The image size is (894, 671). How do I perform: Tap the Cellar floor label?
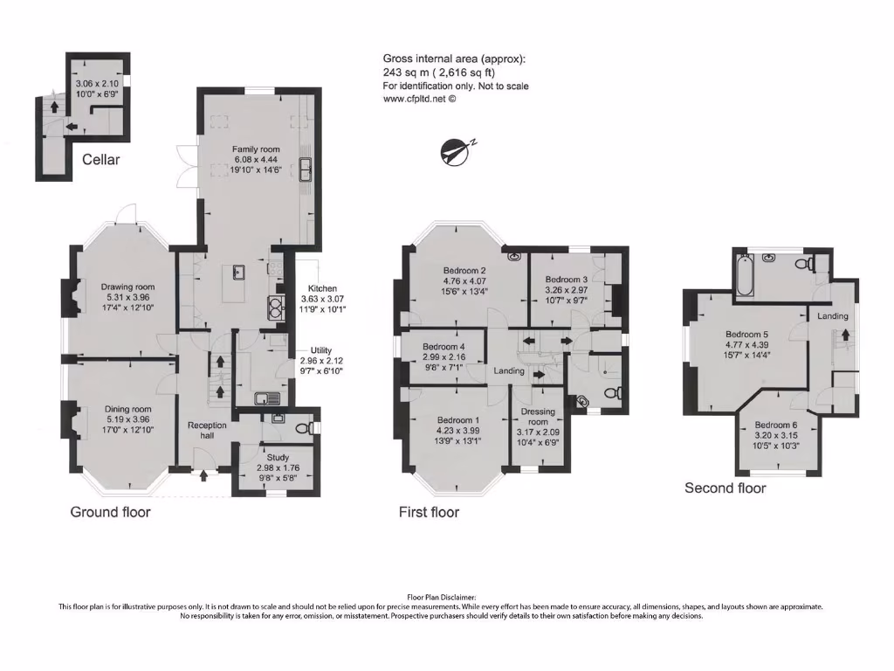pyautogui.click(x=100, y=160)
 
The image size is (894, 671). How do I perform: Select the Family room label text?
pyautogui.click(x=256, y=149)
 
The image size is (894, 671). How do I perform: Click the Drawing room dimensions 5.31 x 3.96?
pyautogui.click(x=127, y=297)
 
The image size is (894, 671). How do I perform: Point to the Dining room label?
pyautogui.click(x=128, y=409)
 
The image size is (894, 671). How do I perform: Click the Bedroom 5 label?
pyautogui.click(x=747, y=334)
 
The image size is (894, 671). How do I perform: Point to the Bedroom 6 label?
pyautogui.click(x=775, y=425)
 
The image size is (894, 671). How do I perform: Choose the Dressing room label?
pyautogui.click(x=538, y=417)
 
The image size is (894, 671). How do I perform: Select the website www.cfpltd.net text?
pyautogui.click(x=420, y=99)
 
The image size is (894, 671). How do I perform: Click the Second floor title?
pyautogui.click(x=725, y=488)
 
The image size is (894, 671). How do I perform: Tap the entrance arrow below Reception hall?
pyautogui.click(x=204, y=475)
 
